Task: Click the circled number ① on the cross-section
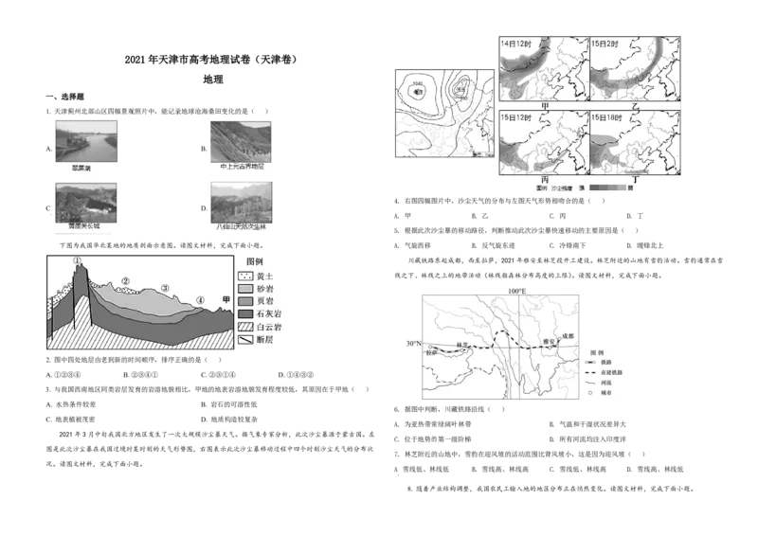click(78, 261)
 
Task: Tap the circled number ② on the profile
click(124, 281)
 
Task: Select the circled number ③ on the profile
click(164, 288)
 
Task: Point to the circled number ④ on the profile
click(199, 300)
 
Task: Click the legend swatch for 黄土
click(244, 276)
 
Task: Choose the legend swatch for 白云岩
click(244, 326)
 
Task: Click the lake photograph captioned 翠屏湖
click(86, 139)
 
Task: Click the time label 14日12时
click(515, 44)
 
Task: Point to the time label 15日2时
click(605, 44)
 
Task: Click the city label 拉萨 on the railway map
click(432, 352)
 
